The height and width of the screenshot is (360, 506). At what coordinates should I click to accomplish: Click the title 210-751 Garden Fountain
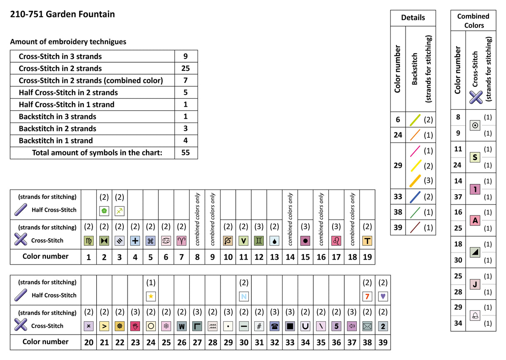[63, 14]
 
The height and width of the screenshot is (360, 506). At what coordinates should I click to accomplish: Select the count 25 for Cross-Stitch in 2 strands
[185, 68]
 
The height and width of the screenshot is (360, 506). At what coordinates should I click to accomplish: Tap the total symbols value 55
[185, 152]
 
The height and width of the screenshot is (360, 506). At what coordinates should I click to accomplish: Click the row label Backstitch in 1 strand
[56, 140]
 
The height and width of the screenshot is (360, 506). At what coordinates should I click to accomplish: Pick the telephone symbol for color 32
[274, 326]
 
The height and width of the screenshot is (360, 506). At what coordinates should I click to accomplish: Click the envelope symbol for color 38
[367, 326]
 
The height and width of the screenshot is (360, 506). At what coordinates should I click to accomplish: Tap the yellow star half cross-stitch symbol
[151, 296]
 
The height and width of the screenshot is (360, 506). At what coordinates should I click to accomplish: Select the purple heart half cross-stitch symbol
[383, 296]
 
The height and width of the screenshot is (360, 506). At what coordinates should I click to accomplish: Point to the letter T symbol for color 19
[367, 241]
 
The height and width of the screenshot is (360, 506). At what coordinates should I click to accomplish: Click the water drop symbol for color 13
[274, 241]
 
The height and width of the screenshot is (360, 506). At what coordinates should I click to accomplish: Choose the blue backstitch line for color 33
[415, 197]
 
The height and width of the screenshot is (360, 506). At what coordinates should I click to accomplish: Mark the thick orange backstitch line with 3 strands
[415, 181]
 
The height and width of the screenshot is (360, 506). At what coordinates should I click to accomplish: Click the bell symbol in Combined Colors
[475, 315]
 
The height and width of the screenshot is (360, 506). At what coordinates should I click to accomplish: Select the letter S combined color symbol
[475, 157]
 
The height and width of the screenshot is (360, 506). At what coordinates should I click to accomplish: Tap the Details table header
[413, 17]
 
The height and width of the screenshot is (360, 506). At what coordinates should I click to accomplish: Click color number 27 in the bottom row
[197, 342]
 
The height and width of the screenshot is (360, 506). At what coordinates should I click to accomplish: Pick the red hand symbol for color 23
[135, 326]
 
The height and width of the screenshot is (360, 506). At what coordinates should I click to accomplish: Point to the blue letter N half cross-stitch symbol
[244, 296]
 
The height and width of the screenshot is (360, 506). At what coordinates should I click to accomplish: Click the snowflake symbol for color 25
[166, 326]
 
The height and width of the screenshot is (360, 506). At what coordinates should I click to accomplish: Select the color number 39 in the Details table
[398, 227]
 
